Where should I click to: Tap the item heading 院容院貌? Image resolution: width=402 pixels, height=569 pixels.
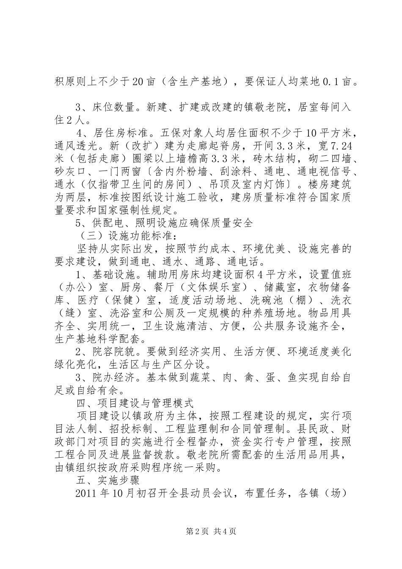pos(111,351)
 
